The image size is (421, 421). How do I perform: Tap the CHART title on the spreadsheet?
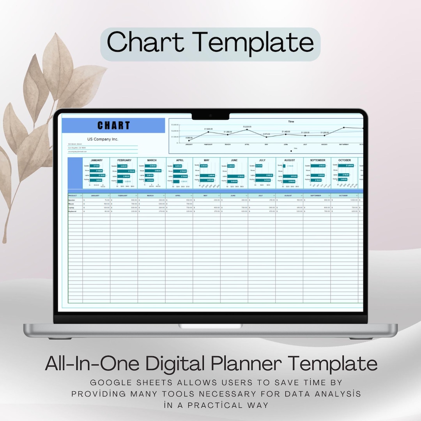coord(113,126)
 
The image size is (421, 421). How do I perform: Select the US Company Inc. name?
coord(103,139)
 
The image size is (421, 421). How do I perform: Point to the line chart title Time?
coord(291,122)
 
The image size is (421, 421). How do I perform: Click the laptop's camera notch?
coord(210,116)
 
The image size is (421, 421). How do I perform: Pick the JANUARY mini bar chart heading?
coord(96,160)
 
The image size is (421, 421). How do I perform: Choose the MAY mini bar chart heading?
coord(206,160)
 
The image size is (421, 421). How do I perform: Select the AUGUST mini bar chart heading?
coord(290,160)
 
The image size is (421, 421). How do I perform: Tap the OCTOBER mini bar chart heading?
coord(345,160)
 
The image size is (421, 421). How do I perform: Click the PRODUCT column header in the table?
coord(73,195)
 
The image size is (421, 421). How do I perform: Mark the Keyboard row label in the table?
coord(73,211)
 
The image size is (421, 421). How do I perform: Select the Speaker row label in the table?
coord(72,200)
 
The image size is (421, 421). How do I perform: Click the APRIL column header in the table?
coord(179,195)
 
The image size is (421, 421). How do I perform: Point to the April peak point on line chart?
coord(247,129)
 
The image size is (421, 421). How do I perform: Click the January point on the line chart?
coord(189,140)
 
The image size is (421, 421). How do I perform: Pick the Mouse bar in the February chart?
coord(126,171)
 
